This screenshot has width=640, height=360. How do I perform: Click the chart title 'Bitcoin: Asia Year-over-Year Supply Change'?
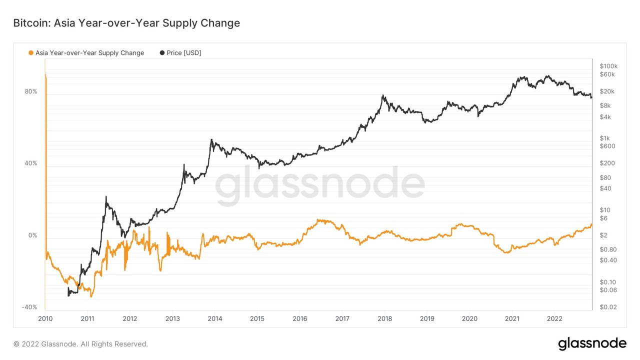[x=126, y=23]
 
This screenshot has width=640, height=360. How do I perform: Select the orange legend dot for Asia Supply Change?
[x=31, y=53]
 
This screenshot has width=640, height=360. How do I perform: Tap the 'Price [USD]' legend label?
[x=183, y=53]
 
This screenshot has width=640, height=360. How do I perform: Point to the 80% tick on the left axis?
[x=31, y=91]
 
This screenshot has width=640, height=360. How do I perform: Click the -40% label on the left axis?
[x=29, y=307]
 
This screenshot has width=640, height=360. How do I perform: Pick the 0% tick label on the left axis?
[x=32, y=235]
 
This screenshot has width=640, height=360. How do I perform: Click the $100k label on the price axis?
[x=608, y=66]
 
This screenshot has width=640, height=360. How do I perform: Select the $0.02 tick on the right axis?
[x=608, y=307]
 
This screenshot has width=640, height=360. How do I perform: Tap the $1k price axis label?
[x=604, y=138]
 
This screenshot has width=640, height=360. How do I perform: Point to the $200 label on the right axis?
[x=607, y=163]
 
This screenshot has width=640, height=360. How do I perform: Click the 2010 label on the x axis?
[x=45, y=318]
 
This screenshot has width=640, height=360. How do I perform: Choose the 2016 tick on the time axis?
[x=299, y=318]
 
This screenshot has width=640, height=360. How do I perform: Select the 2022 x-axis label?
[x=554, y=318]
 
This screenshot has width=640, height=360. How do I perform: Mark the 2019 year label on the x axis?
[x=427, y=318]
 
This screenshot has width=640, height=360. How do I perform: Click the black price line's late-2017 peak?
[x=383, y=95]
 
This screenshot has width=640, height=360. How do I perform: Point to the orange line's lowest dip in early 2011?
[x=91, y=296]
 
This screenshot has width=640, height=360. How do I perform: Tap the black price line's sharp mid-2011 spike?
[x=106, y=196]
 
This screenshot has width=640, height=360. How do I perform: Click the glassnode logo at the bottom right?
[x=592, y=343]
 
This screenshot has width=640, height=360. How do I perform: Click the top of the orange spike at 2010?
[x=45, y=74]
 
